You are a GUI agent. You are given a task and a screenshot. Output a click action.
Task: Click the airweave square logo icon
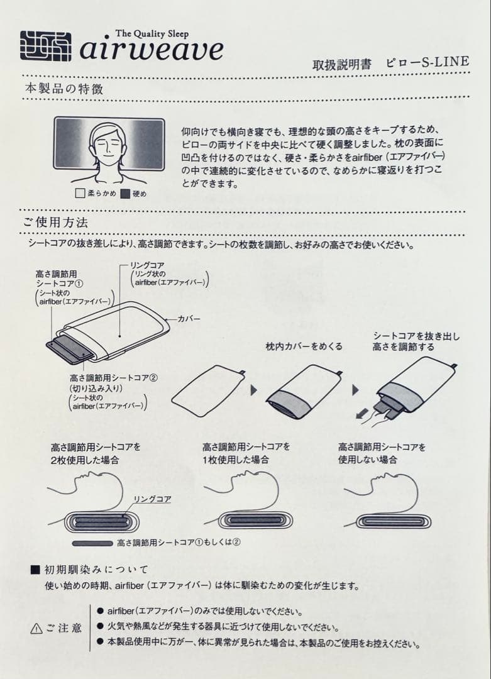(45, 46)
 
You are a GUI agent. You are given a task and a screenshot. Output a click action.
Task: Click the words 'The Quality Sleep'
(152, 33)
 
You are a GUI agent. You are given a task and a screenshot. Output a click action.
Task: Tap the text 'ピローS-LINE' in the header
(427, 62)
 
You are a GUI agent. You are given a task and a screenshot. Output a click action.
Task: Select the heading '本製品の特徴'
(63, 89)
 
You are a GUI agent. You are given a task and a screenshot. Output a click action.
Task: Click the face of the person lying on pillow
(108, 147)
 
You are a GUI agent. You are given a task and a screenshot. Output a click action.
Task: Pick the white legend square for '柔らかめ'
(79, 194)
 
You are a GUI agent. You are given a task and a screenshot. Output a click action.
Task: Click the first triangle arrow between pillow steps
(254, 390)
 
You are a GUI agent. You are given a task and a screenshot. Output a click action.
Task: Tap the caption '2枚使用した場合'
(85, 460)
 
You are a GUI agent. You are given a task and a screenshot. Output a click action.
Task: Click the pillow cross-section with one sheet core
(249, 521)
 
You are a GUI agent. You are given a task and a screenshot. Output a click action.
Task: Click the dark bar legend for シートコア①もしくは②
(93, 543)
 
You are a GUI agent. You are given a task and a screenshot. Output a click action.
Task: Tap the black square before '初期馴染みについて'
(35, 570)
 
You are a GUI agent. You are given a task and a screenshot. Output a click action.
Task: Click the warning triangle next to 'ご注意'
(36, 629)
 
